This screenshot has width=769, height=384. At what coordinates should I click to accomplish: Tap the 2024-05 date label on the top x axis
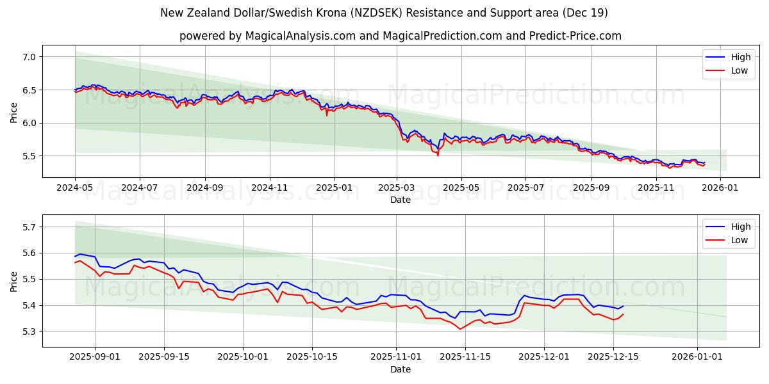pyautogui.click(x=75, y=188)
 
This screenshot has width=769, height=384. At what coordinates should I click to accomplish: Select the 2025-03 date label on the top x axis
pyautogui.click(x=397, y=188)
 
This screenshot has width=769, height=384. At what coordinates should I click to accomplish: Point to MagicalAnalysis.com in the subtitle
pyautogui.click(x=301, y=36)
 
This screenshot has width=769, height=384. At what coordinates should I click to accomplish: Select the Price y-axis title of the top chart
pyautogui.click(x=13, y=111)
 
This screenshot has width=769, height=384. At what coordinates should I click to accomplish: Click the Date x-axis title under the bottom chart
pyautogui.click(x=401, y=369)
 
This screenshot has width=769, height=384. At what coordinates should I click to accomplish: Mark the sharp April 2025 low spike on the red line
pyautogui.click(x=438, y=155)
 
